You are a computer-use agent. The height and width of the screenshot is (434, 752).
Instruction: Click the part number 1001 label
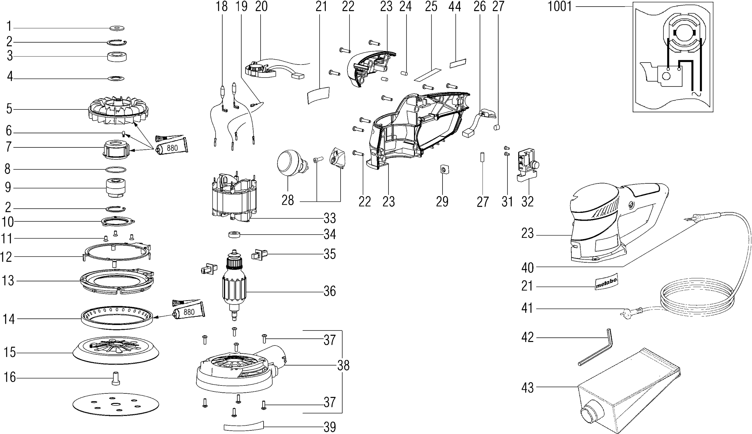[560, 7]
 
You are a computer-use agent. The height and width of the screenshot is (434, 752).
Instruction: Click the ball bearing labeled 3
[117, 57]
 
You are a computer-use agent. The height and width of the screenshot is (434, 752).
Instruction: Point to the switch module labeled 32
[527, 164]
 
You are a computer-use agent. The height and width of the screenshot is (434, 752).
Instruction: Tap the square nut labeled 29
[444, 169]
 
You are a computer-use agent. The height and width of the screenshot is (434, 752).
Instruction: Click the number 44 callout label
[454, 7]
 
